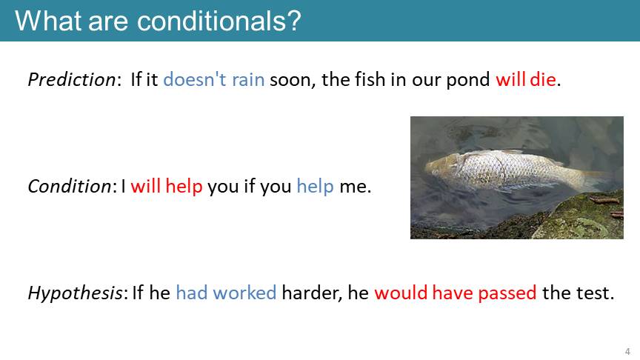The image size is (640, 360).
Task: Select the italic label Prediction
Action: point(72,79)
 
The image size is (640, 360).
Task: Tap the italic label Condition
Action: point(70,186)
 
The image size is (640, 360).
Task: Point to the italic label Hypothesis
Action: point(75,293)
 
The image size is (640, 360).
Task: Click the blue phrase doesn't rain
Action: point(214,79)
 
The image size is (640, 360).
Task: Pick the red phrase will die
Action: point(526,79)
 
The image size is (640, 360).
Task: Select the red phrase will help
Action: point(167,186)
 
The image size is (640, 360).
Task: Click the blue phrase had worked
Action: point(226,293)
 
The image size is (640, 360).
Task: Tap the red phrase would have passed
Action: point(456,293)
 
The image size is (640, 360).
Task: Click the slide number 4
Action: point(627,351)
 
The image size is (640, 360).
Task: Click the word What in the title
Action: point(47,21)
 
